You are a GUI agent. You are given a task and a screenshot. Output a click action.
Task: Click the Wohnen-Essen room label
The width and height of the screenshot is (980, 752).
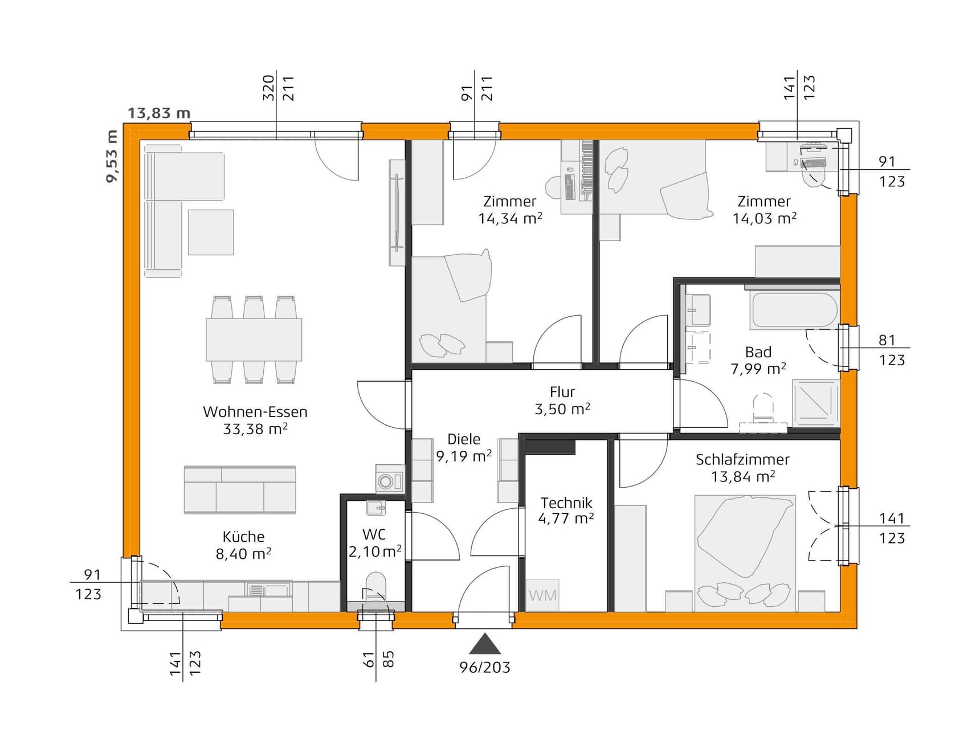point(255,412)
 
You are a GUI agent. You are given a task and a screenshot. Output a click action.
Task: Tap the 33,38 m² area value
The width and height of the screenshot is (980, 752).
point(255,429)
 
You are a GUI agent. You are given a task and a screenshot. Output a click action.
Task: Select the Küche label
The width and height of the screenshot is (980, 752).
point(243,537)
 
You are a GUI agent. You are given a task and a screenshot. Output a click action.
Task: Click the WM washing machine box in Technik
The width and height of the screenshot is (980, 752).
point(542,595)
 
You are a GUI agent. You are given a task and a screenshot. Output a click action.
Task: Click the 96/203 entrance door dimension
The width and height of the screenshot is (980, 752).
point(485,668)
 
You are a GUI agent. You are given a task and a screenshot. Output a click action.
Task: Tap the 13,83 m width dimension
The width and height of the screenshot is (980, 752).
point(158,113)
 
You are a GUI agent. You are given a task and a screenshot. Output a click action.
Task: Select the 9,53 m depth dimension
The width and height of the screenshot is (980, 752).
point(112,156)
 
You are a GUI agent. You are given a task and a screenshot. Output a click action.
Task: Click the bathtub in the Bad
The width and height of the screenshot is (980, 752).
point(794,310)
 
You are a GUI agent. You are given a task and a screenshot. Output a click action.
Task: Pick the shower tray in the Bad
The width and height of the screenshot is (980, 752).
point(816,403)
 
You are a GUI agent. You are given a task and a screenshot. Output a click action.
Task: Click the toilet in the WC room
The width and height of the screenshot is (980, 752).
point(375,587)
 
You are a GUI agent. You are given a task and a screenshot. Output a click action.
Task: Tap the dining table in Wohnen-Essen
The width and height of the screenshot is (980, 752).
point(254,340)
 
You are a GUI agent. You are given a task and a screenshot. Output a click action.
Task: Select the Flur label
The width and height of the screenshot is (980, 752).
point(562,392)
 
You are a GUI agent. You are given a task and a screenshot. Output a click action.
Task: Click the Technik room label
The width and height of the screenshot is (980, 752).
point(566,503)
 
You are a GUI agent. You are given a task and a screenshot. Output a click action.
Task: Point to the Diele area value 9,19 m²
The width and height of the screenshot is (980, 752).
point(464,456)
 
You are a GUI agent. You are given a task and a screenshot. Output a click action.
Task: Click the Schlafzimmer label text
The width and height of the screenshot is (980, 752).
point(742,460)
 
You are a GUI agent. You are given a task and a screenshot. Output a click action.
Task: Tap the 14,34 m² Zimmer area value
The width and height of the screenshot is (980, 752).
point(510,219)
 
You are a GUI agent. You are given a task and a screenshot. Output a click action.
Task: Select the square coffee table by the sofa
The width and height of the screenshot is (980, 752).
point(211,232)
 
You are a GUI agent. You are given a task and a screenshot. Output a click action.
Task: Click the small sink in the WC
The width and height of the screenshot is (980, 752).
point(375,508)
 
